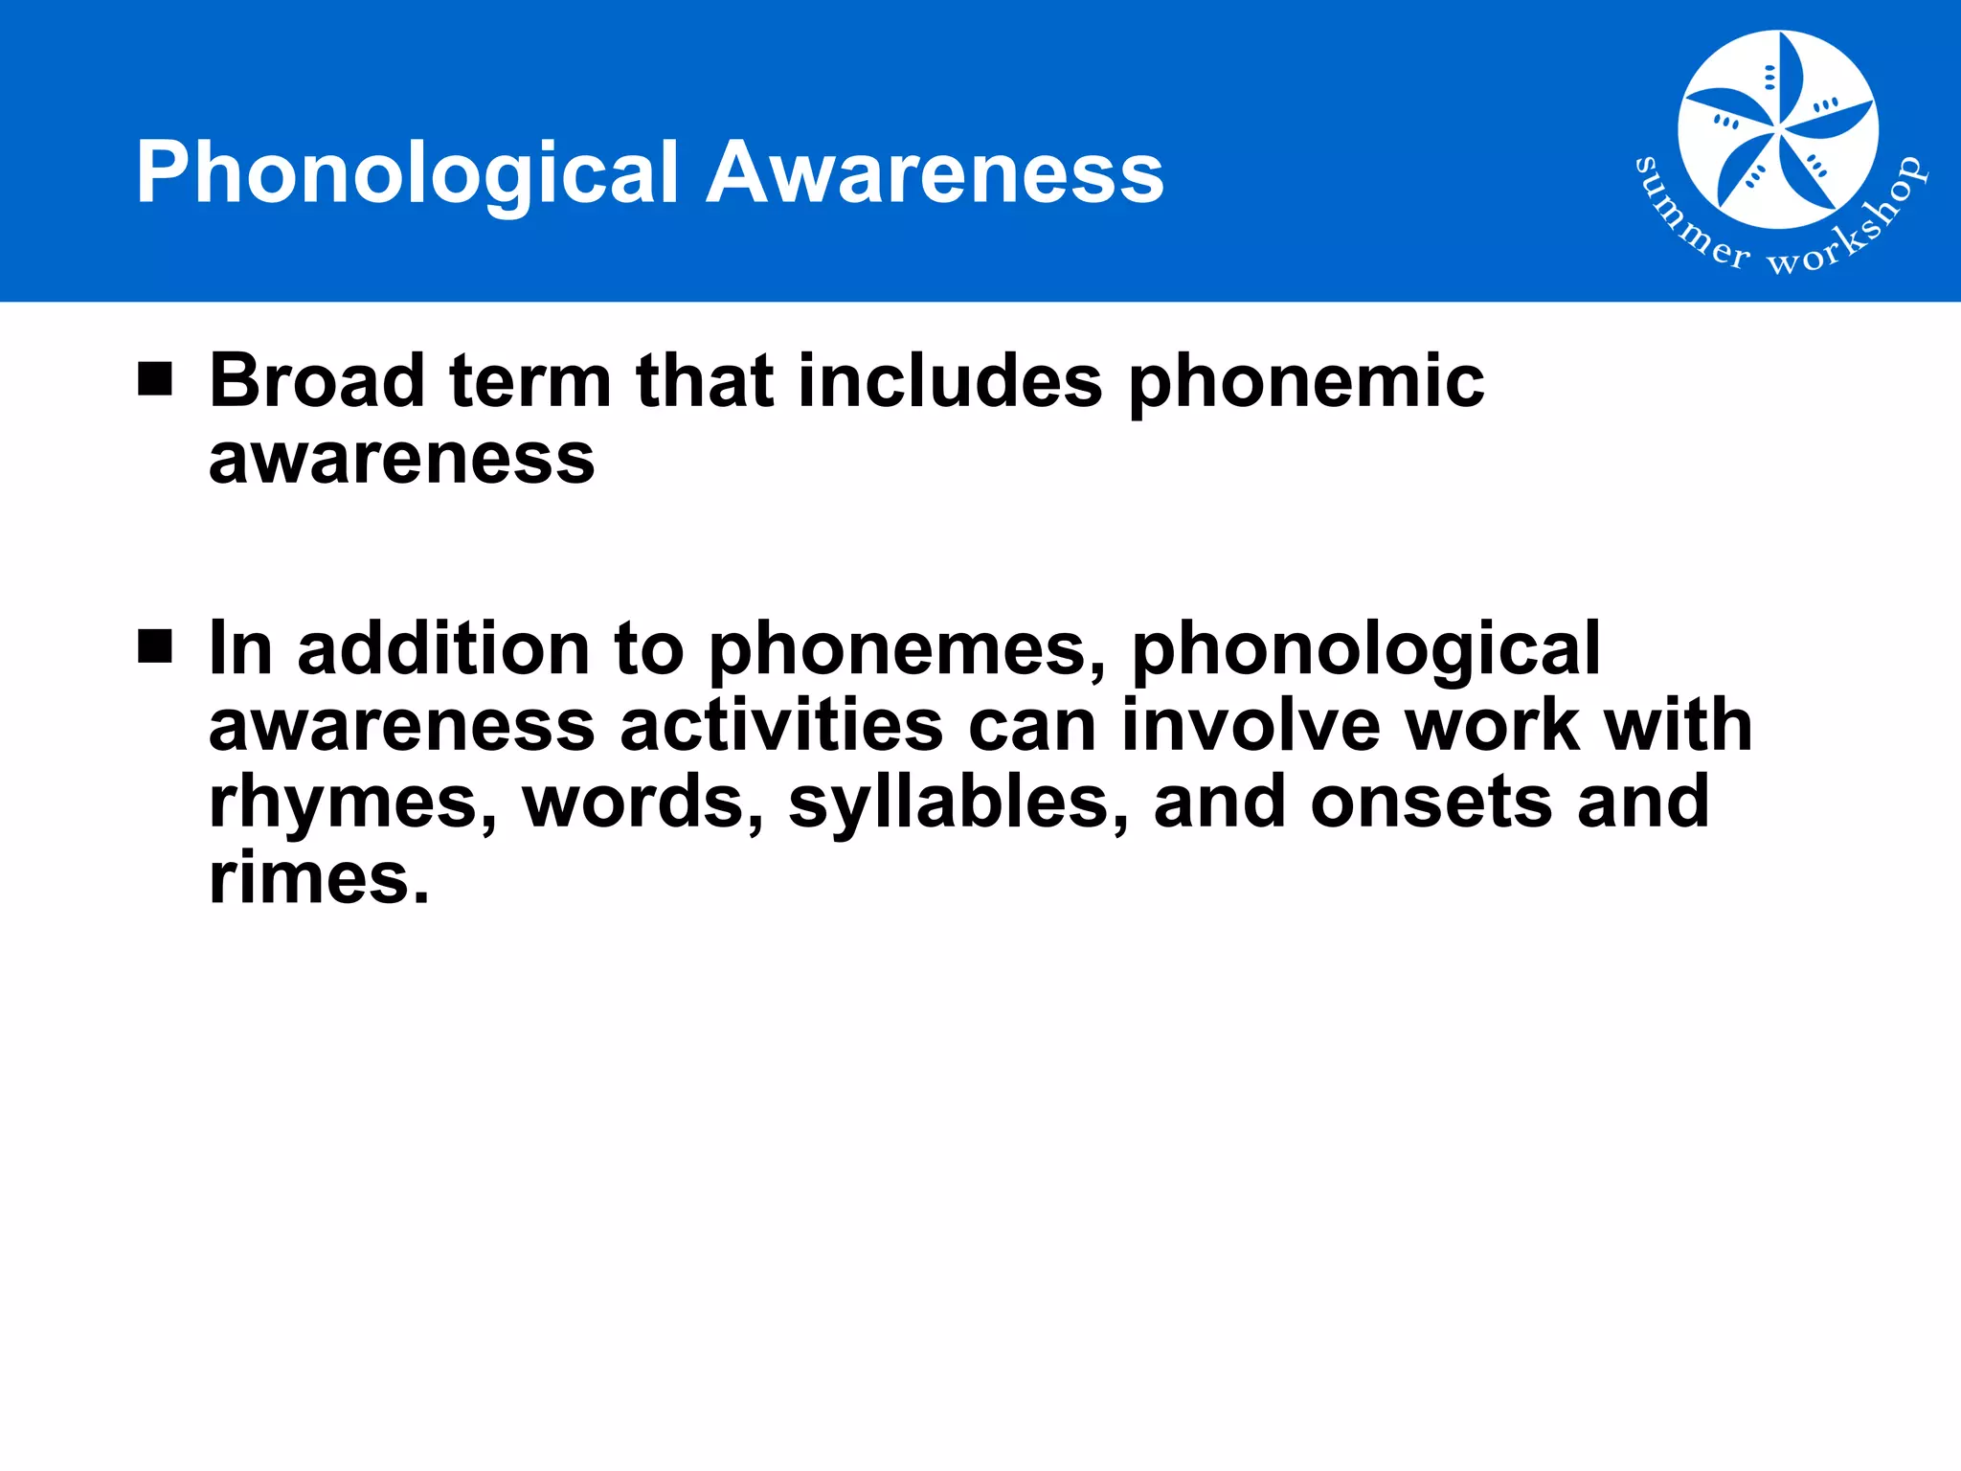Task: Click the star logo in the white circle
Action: point(1777,130)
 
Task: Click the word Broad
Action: point(317,381)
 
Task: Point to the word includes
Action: point(950,381)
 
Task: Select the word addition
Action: point(444,649)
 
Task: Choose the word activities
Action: point(781,726)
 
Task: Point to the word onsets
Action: point(1431,803)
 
